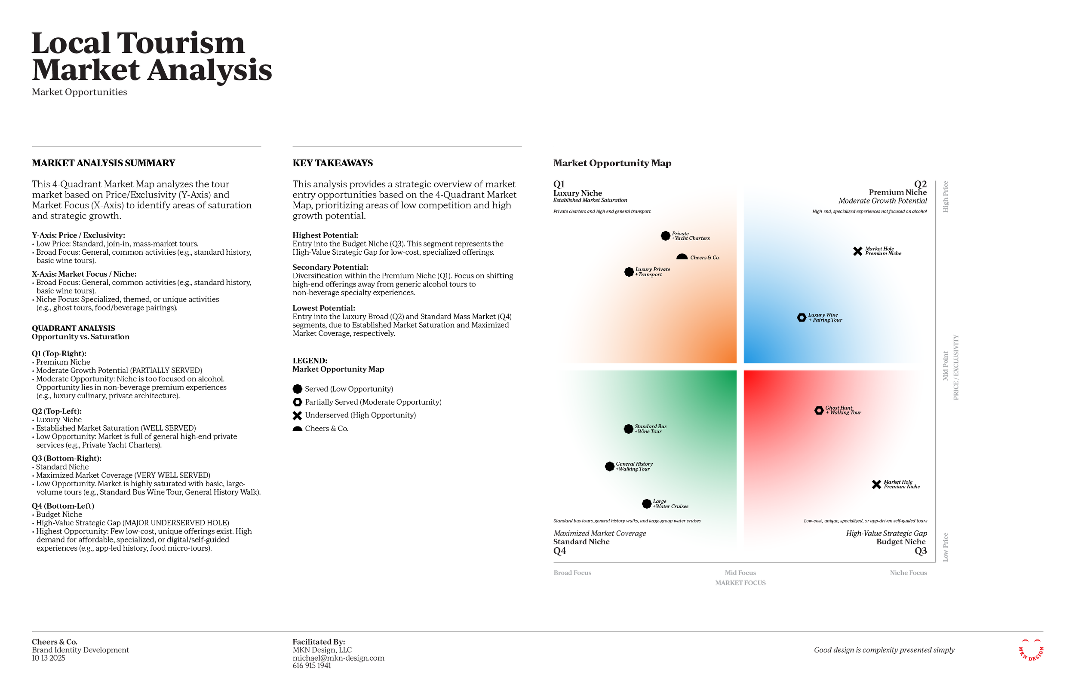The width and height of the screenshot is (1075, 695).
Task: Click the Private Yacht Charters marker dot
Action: (665, 235)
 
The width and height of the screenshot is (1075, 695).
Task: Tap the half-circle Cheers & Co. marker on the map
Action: (682, 257)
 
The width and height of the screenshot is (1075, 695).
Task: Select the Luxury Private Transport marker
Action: (629, 271)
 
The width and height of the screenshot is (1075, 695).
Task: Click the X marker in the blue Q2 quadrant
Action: (857, 251)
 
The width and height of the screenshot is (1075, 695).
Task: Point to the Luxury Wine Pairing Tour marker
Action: (801, 317)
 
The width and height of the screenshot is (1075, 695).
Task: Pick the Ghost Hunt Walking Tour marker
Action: (818, 410)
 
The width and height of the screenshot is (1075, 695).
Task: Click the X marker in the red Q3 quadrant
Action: (876, 484)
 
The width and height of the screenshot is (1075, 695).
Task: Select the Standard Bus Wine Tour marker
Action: (628, 429)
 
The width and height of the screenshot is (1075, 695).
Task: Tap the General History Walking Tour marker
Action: (609, 466)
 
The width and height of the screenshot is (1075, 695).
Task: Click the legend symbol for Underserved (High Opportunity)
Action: (297, 415)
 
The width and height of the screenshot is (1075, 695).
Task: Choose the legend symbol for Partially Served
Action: (297, 402)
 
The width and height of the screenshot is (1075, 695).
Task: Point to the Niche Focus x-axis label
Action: (908, 573)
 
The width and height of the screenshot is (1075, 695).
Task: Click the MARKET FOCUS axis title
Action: (740, 582)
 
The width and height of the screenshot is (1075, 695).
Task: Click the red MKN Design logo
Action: (1031, 650)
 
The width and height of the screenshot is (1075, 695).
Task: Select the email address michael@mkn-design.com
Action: (338, 658)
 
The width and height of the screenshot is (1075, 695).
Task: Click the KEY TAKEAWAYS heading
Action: (332, 163)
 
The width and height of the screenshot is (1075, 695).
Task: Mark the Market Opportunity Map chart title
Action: (612, 163)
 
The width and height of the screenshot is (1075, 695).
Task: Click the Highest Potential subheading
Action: (325, 235)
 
